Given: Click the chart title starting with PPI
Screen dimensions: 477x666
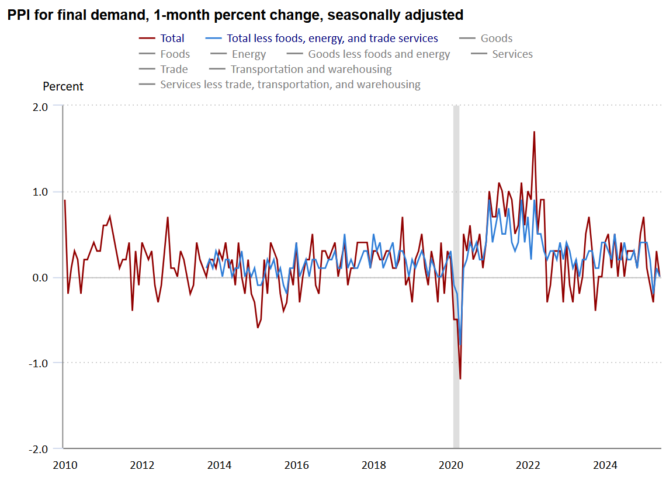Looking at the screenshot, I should pyautogui.click(x=235, y=15).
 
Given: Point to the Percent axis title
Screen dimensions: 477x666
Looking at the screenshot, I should pyautogui.click(x=63, y=86).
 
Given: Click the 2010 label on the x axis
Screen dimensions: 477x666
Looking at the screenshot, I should pyautogui.click(x=64, y=465).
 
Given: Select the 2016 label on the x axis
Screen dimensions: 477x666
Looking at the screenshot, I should pyautogui.click(x=296, y=465).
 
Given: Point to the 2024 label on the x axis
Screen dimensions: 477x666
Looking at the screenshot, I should pyautogui.click(x=605, y=465).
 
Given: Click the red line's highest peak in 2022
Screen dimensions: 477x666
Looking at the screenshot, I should pyautogui.click(x=534, y=132).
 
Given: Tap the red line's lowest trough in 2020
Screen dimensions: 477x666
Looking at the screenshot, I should pyautogui.click(x=460, y=379).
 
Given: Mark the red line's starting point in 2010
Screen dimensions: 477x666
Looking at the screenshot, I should pyautogui.click(x=64, y=200).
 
